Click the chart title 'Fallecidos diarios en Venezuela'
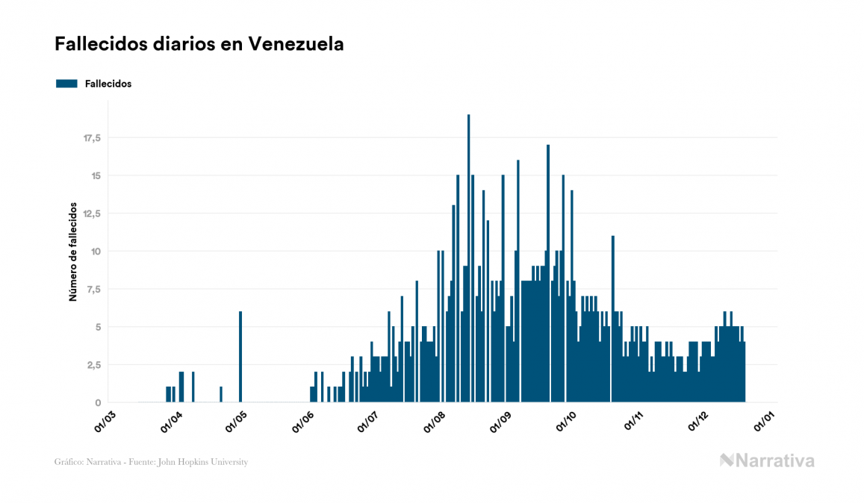pos(199,44)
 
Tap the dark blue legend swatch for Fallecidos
pos(66,84)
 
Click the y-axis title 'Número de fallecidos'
pos(73,251)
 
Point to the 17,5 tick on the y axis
pos(92,138)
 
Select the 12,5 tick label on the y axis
pos(92,213)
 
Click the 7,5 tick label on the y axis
pos(94,289)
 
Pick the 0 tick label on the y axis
pos(98,402)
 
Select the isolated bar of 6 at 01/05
pos(240,357)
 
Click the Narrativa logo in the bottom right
pos(767,460)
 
